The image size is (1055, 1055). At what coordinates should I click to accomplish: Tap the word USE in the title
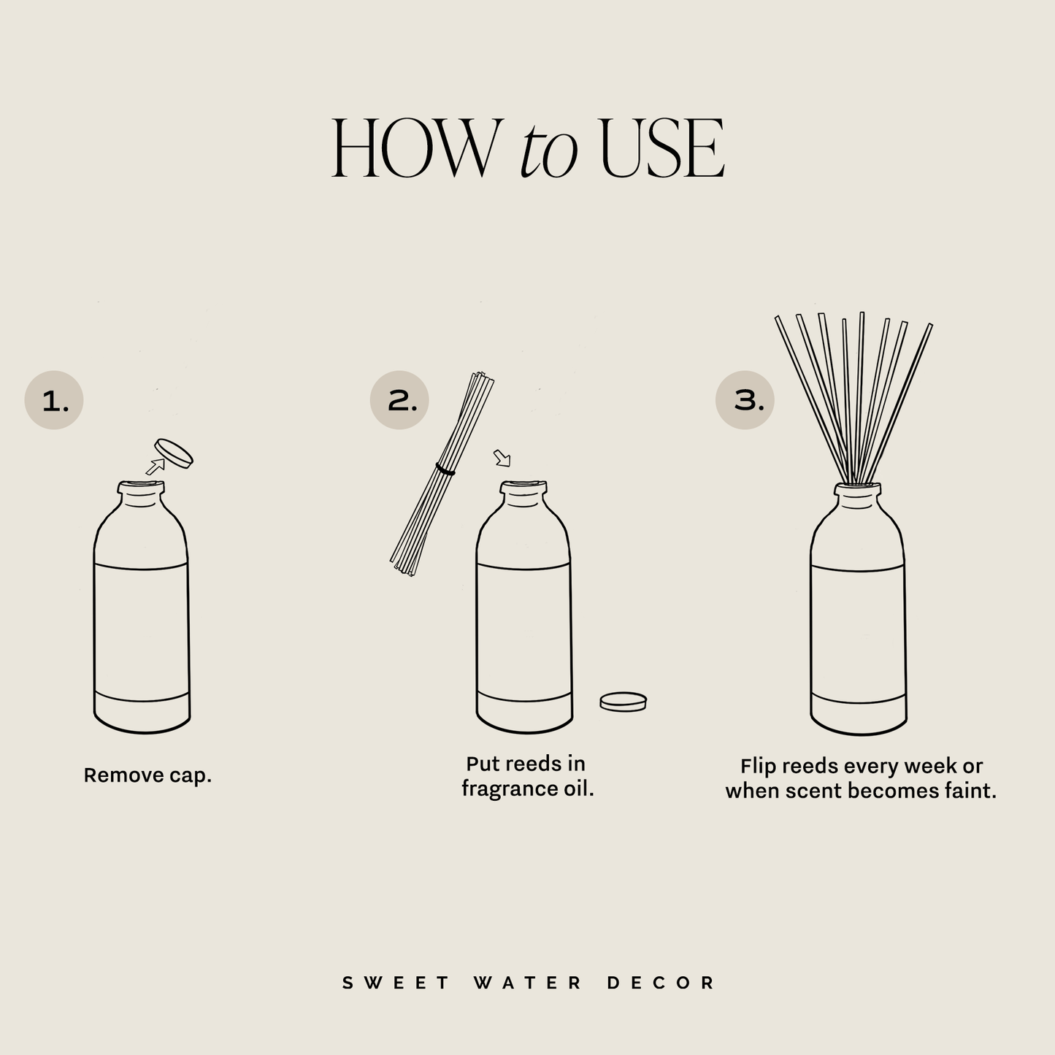pos(661,149)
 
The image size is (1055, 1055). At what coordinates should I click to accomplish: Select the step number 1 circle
pos(54,400)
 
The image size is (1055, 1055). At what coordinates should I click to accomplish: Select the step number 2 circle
pos(399,400)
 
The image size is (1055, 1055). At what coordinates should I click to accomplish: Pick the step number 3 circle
pos(744,400)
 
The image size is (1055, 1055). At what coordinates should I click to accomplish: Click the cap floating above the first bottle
pos(174,453)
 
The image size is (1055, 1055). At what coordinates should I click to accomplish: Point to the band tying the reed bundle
pos(445,469)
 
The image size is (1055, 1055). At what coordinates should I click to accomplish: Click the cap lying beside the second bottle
pos(623,702)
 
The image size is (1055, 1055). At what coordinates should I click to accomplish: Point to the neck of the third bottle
pos(858,497)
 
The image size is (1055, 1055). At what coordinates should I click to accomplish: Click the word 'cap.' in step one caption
pos(191,775)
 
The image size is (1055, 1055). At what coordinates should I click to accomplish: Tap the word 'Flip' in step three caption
pos(757,766)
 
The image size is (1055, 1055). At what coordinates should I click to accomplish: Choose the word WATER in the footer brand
pos(527,983)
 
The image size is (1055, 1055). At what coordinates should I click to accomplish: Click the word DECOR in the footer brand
pos(661,983)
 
